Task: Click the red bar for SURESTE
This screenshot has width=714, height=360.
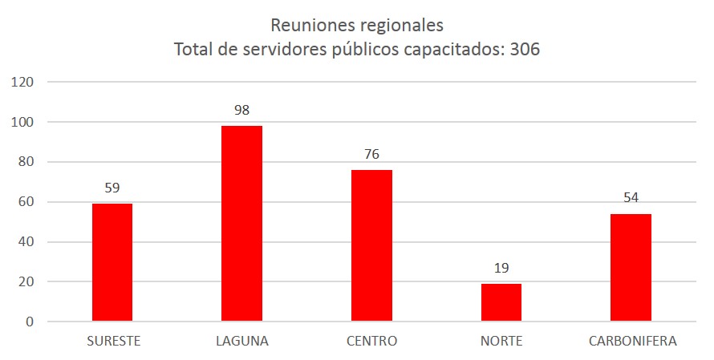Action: point(112,262)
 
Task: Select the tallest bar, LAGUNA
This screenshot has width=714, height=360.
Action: point(241,224)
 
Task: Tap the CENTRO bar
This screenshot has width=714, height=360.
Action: point(371,245)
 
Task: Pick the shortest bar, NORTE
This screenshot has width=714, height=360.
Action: point(501,302)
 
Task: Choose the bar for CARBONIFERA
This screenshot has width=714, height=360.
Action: point(631,268)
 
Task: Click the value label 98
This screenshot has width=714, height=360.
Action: point(241,110)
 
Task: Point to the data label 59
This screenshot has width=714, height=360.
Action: point(112,188)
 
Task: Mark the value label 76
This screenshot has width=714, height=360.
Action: point(371,154)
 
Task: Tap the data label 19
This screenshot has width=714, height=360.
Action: point(501,268)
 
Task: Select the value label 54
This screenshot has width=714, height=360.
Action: point(631,198)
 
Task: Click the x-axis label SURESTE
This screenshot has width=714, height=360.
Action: point(114,341)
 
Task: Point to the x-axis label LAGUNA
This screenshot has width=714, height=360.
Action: point(242,341)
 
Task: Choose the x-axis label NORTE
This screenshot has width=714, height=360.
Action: point(501,341)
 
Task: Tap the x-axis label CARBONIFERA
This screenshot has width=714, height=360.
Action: point(632,341)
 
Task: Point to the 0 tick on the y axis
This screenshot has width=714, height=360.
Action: point(30,322)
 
